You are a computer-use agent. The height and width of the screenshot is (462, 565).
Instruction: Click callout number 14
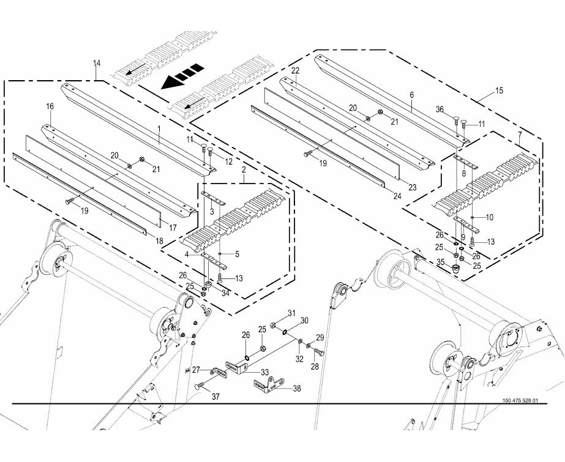[x=97, y=63]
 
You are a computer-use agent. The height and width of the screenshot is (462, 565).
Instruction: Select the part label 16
[x=50, y=106]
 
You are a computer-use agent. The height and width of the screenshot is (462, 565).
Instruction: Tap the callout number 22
[x=295, y=71]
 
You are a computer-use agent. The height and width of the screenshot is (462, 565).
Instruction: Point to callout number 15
[x=499, y=91]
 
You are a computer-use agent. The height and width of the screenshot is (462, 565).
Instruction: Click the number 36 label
[x=457, y=110]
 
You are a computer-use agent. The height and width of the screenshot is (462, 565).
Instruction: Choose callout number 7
[x=520, y=135]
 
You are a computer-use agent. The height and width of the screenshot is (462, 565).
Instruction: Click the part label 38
[x=296, y=388]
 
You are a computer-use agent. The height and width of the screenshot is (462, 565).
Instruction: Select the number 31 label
[x=291, y=313]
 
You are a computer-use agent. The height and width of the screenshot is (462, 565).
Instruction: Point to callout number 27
[x=196, y=370]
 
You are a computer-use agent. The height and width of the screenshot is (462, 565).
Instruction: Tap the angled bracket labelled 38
[x=267, y=383]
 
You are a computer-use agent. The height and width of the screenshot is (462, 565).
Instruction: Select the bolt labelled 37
[x=201, y=386]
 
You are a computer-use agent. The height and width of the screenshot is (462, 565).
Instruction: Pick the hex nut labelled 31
[x=273, y=324]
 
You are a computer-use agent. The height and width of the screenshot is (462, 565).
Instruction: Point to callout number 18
[x=159, y=241]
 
